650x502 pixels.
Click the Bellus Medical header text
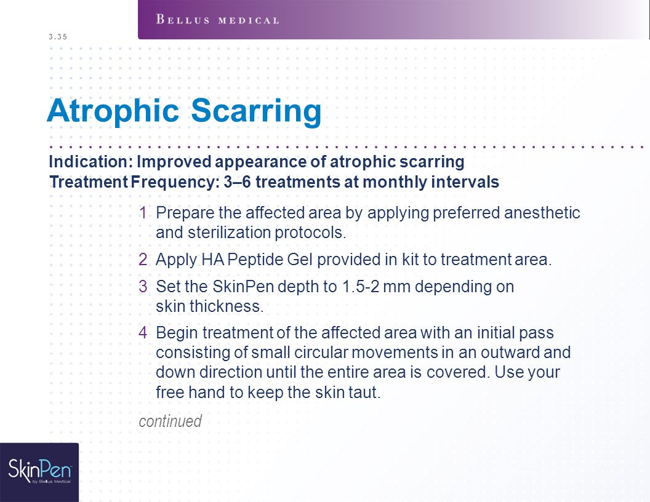pos(217,20)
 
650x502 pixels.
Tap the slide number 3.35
pos(58,36)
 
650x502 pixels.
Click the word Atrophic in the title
pos(113,111)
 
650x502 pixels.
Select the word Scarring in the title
pos(256,111)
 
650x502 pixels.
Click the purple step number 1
pos(143,212)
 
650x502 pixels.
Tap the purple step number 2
pos(143,259)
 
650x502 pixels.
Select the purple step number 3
pos(143,286)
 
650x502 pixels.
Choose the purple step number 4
pos(143,333)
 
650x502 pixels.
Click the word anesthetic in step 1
pos(542,212)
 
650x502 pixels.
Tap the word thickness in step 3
pos(227,306)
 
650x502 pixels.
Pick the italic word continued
pos(170,421)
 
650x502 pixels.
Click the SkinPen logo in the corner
pos(40,471)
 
